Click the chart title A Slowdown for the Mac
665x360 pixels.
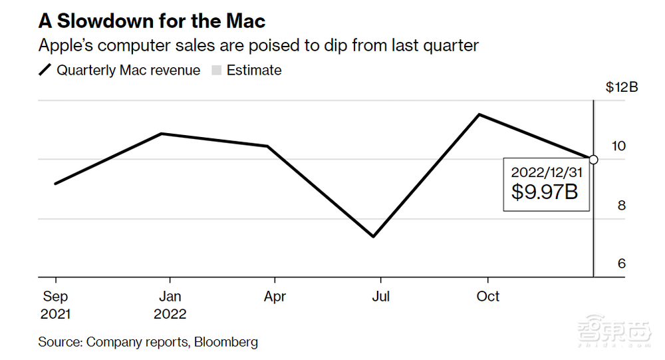[152, 21]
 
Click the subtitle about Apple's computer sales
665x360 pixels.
[259, 45]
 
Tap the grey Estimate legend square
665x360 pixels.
[216, 71]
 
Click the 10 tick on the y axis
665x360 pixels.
[618, 146]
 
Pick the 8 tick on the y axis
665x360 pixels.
[621, 205]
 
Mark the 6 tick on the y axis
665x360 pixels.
[621, 264]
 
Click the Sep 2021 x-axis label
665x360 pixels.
[55, 305]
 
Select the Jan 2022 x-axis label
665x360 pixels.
[170, 305]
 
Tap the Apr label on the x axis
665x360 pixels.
[274, 296]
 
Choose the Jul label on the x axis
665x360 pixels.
[380, 296]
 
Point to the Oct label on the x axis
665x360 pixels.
[488, 296]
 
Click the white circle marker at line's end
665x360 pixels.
[594, 160]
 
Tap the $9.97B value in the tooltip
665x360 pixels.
[545, 192]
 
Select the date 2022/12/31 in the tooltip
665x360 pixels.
[546, 172]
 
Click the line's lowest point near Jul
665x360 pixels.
[374, 236]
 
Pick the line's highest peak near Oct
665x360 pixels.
[479, 114]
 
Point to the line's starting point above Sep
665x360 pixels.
[55, 184]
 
